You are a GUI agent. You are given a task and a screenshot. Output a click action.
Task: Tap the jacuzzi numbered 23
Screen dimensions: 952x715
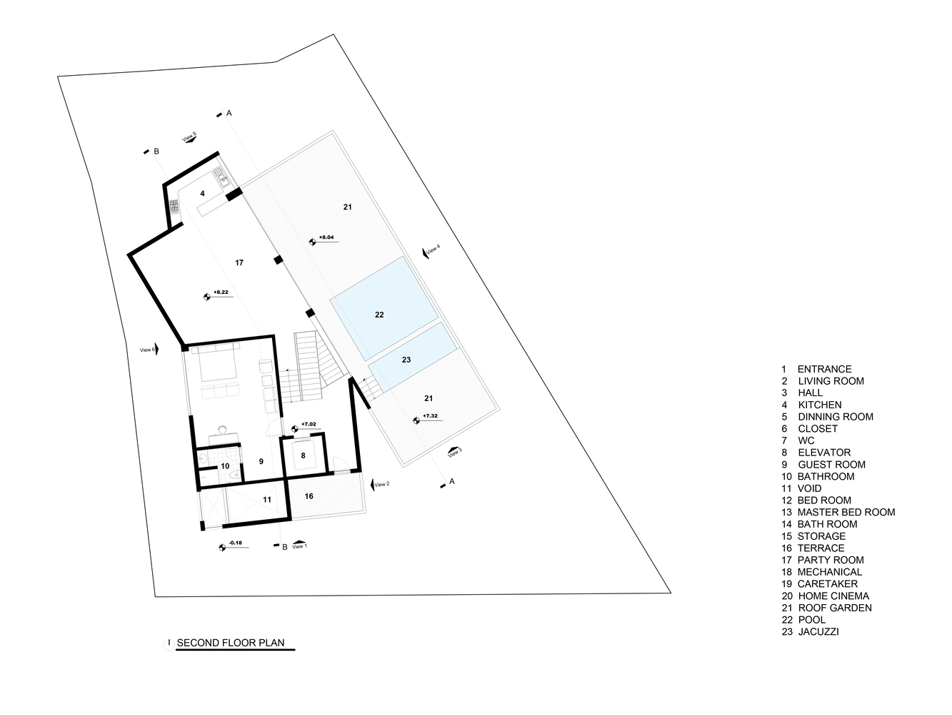pyautogui.click(x=413, y=356)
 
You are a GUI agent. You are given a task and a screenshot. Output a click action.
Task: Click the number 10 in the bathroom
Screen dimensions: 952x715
pyautogui.click(x=225, y=466)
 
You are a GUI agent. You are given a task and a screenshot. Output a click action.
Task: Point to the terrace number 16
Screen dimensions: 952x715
pyautogui.click(x=309, y=495)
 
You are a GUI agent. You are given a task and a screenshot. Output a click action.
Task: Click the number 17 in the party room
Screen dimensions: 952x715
pyautogui.click(x=239, y=262)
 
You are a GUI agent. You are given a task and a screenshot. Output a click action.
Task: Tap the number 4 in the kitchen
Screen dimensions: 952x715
pyautogui.click(x=203, y=193)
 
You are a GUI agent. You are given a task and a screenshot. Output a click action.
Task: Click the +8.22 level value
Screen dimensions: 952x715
pyautogui.click(x=221, y=292)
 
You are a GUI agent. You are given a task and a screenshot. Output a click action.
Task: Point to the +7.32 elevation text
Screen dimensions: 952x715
pyautogui.click(x=430, y=415)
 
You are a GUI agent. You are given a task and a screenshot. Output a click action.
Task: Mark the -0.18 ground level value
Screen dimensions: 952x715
pyautogui.click(x=236, y=543)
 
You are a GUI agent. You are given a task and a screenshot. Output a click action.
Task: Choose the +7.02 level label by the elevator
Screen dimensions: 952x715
pyautogui.click(x=309, y=424)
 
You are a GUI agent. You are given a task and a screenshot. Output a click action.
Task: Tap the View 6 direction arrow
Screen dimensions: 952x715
pyautogui.click(x=157, y=349)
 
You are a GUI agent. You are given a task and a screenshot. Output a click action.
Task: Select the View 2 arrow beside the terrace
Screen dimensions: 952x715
pyautogui.click(x=372, y=485)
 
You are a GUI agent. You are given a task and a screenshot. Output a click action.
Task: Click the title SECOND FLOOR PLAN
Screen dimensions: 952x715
pyautogui.click(x=231, y=643)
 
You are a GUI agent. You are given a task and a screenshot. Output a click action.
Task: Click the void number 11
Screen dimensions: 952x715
pyautogui.click(x=267, y=499)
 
